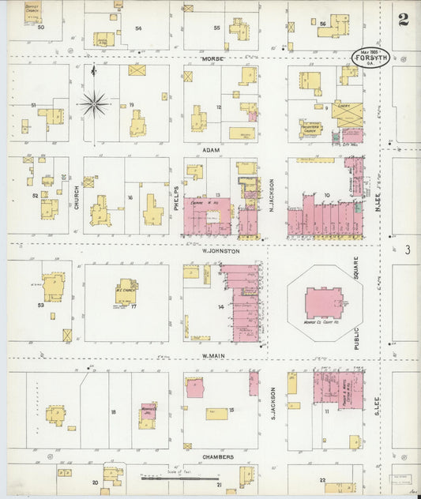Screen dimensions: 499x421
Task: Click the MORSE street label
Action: (x=213, y=59)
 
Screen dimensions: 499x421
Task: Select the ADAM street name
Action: (x=211, y=149)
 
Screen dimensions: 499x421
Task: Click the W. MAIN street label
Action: (x=215, y=356)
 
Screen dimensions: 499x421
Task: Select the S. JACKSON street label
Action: (x=273, y=402)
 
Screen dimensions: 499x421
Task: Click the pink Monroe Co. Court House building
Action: (x=324, y=302)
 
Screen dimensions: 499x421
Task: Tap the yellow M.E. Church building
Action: (x=126, y=291)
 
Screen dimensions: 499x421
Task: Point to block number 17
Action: (x=134, y=306)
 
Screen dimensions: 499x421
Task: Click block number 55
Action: (x=216, y=28)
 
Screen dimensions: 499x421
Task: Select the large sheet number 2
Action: (x=403, y=19)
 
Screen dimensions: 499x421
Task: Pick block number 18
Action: (x=114, y=412)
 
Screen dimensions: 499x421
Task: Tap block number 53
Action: (x=39, y=303)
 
